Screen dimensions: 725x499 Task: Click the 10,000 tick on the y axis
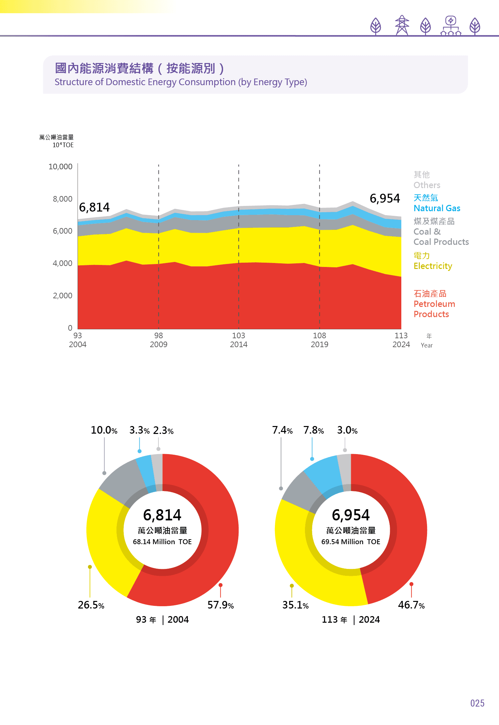tap(60, 167)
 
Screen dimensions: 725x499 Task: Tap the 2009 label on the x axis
tap(158, 344)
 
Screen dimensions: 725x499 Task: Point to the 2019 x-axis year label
tap(319, 344)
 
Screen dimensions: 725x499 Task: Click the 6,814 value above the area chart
tap(94, 207)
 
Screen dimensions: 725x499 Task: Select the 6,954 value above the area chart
tap(384, 198)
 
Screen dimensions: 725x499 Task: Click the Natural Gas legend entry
tap(437, 208)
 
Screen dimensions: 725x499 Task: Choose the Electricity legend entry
tap(433, 266)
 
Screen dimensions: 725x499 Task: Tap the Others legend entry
tap(427, 185)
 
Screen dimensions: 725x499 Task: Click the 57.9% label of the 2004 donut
tap(220, 605)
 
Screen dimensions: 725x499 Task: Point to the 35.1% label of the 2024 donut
tap(295, 605)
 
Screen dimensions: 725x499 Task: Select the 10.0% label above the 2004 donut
tap(104, 430)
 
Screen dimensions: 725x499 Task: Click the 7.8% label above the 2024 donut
tap(314, 430)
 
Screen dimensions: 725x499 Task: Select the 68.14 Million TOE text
tap(162, 542)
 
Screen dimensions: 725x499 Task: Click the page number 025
tap(477, 703)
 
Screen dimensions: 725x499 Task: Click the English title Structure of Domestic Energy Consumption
tap(181, 82)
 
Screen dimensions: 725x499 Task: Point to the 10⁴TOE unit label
tap(63, 145)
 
